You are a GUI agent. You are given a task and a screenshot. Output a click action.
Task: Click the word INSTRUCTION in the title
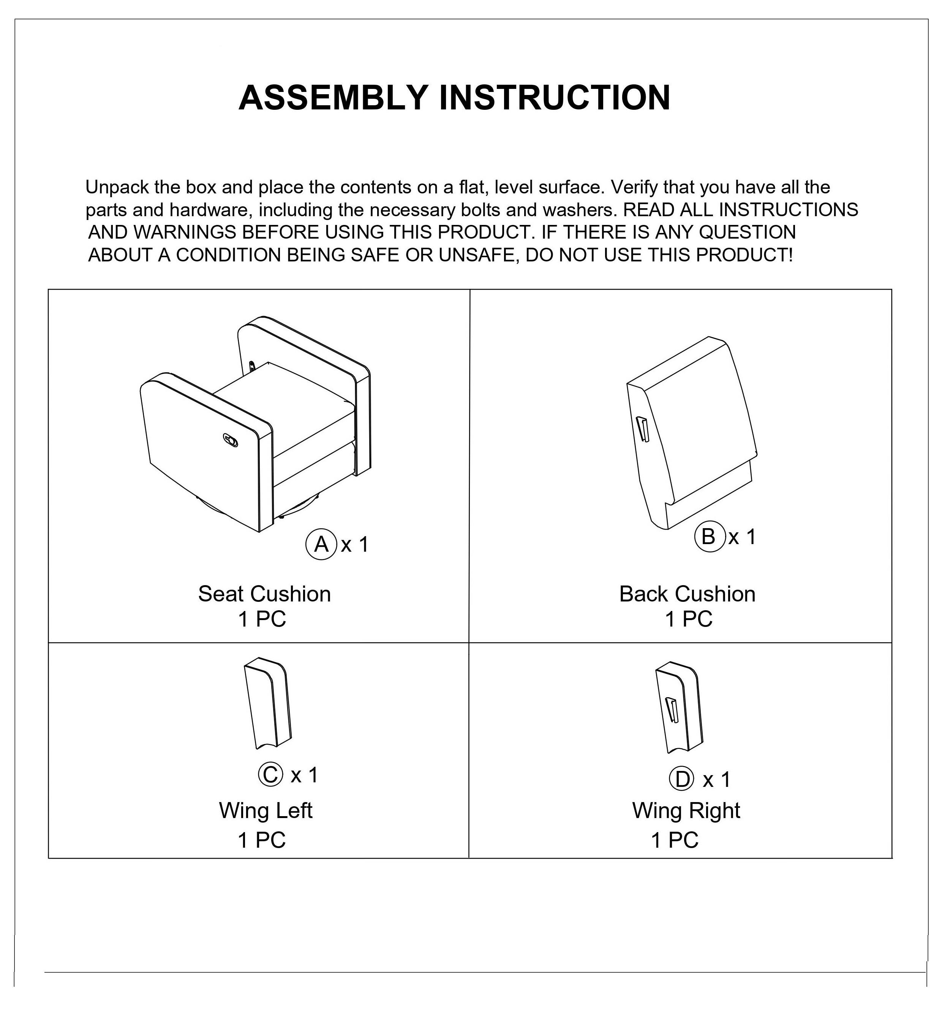point(555,98)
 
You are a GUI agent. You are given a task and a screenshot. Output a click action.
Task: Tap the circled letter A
point(321,544)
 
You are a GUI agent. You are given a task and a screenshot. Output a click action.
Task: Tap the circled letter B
point(708,537)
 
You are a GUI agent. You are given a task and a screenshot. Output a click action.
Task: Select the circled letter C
point(270,775)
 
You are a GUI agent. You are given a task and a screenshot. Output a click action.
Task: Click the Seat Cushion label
point(264,594)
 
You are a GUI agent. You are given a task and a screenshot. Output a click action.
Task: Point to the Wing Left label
point(266,811)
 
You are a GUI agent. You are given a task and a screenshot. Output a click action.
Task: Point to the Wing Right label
point(686,811)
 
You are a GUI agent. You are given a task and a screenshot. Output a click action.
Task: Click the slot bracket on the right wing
point(672,711)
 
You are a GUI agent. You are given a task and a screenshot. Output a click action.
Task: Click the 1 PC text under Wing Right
point(675,840)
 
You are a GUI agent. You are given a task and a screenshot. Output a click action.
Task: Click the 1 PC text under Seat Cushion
point(262,619)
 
